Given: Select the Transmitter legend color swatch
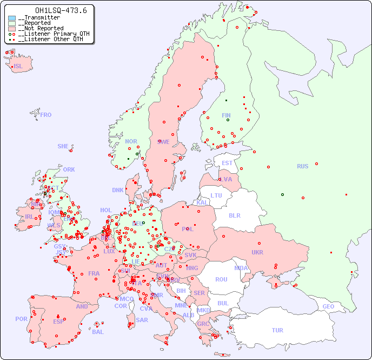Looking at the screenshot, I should point(12,18).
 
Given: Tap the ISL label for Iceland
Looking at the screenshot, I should point(18,67).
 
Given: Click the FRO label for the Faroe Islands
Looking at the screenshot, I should point(46,115).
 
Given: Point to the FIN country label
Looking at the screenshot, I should point(226,115).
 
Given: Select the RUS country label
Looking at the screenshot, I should point(302,166).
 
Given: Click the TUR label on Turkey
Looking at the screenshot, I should point(277,330).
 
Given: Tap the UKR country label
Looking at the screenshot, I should point(257,252).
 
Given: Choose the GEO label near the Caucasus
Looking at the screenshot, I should point(328,306).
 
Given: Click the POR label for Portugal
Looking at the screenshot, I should point(21,319).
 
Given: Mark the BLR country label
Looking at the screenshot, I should point(234,215).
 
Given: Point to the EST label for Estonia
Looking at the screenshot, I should point(227,163).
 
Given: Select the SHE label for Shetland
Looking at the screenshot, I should point(63,146).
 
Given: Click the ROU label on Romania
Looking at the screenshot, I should point(221,279).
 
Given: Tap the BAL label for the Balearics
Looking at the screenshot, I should point(97,332).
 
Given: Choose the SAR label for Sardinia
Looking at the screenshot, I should point(142,320).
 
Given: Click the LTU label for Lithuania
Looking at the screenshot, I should point(216,195).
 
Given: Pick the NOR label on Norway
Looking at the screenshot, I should point(131,141).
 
